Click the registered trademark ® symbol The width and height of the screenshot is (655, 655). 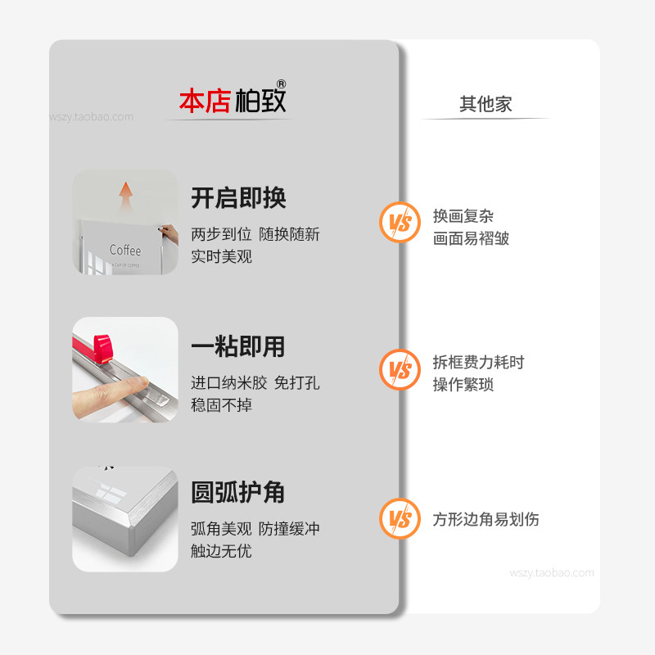[x=282, y=84]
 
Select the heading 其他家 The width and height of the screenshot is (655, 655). [x=486, y=104]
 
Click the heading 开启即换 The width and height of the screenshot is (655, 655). [x=238, y=198]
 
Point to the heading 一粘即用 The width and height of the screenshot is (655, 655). [x=238, y=346]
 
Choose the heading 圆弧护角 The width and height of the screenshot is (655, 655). [x=238, y=493]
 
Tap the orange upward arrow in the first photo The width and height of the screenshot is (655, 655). [x=125, y=196]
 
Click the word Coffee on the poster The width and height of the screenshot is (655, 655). [x=125, y=250]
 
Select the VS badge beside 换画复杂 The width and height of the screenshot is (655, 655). [x=400, y=222]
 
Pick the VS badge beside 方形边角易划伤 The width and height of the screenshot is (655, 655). [x=400, y=518]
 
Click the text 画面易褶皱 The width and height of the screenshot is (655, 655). [x=471, y=239]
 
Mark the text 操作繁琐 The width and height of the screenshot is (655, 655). [x=463, y=385]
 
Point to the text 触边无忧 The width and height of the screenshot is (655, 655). [x=221, y=551]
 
